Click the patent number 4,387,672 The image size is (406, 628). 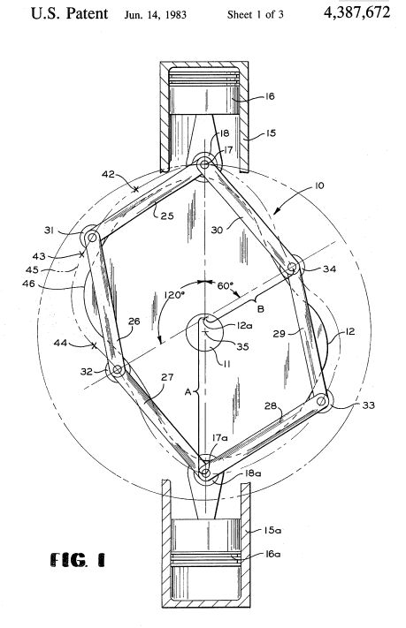[x=356, y=12]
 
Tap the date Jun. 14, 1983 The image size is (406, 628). [x=156, y=15]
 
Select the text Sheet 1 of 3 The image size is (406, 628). [x=255, y=15]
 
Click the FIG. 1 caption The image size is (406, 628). [x=78, y=559]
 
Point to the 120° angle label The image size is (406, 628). [x=174, y=295]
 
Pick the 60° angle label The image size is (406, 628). [x=226, y=285]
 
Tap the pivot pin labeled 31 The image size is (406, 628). [x=92, y=237]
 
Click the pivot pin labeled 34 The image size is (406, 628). [x=293, y=267]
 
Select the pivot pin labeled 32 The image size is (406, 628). [x=117, y=370]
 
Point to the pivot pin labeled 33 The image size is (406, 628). [x=321, y=400]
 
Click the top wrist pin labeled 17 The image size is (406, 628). [x=204, y=163]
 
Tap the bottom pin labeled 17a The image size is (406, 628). [x=205, y=473]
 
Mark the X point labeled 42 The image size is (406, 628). [x=136, y=189]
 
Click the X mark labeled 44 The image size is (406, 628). [x=95, y=345]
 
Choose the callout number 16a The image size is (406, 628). [x=272, y=554]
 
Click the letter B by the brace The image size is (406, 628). [x=260, y=309]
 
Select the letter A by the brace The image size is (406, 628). [x=188, y=392]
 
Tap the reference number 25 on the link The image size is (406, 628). [x=167, y=216]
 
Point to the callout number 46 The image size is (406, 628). [x=29, y=284]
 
